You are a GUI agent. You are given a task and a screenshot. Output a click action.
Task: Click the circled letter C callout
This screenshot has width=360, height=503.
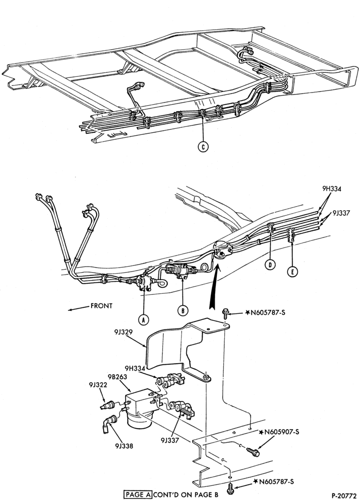pyautogui.click(x=203, y=146)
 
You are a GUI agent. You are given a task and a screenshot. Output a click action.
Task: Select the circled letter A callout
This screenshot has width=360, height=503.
pyautogui.click(x=143, y=319)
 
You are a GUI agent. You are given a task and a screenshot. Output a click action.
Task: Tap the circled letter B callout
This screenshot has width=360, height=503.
pyautogui.click(x=183, y=310)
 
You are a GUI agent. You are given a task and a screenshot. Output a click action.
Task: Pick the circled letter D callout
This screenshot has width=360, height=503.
pyautogui.click(x=271, y=265)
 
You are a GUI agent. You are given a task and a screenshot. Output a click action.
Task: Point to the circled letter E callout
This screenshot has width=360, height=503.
pyautogui.click(x=292, y=272)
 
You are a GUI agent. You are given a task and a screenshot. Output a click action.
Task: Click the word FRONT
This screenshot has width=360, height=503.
pyautogui.click(x=101, y=306)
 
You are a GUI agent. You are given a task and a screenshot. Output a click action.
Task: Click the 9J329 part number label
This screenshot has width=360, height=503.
pyautogui.click(x=123, y=332)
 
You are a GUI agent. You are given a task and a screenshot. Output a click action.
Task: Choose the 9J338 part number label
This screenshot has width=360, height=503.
pyautogui.click(x=123, y=446)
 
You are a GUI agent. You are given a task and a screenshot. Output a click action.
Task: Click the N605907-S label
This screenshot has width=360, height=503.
pyautogui.click(x=281, y=432)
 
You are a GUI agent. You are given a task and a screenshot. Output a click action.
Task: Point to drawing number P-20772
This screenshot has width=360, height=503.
pyautogui.click(x=344, y=495)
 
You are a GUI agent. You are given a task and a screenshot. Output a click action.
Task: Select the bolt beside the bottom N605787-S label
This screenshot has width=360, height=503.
pyautogui.click(x=230, y=488)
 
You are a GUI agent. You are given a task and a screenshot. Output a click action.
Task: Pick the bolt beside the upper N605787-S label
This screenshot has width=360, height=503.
pyautogui.click(x=225, y=313)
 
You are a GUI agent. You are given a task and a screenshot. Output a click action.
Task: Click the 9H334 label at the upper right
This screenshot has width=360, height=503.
pyautogui.click(x=332, y=189)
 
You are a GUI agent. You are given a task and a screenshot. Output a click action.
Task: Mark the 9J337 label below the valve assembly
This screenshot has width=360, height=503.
pyautogui.click(x=170, y=440)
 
